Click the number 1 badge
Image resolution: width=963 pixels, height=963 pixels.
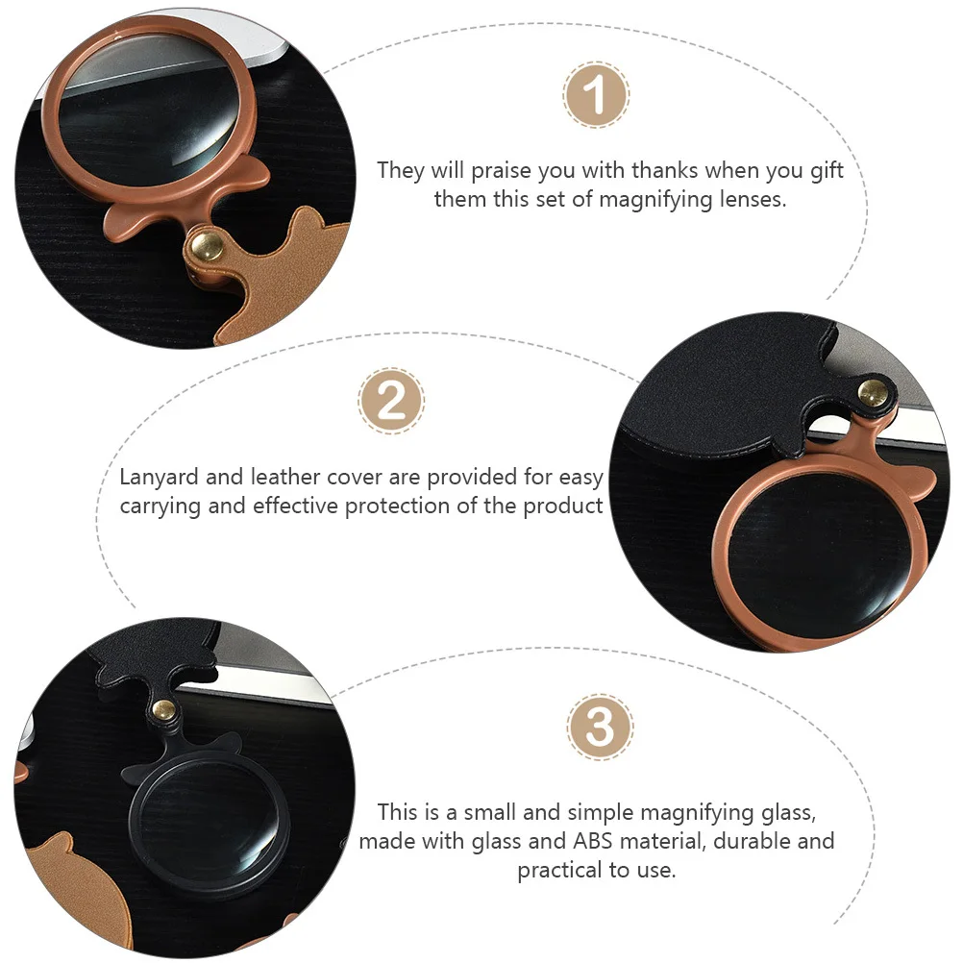[x=596, y=96]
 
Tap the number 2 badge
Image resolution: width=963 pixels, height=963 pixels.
[x=391, y=400]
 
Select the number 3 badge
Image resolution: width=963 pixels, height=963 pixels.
[x=600, y=727]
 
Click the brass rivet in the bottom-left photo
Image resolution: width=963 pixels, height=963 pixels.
[x=164, y=710]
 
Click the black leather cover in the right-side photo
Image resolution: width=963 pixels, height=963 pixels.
[x=730, y=384]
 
